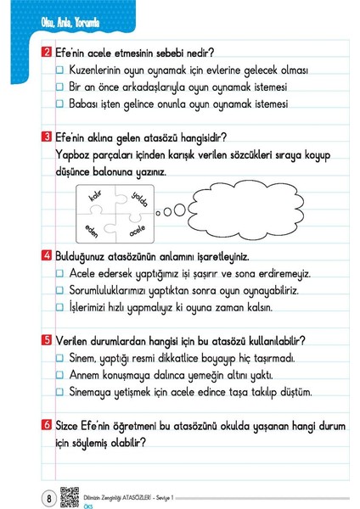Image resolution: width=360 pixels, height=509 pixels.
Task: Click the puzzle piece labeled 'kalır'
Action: click(x=94, y=200)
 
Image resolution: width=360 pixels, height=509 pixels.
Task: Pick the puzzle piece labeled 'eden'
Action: click(x=94, y=229)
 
